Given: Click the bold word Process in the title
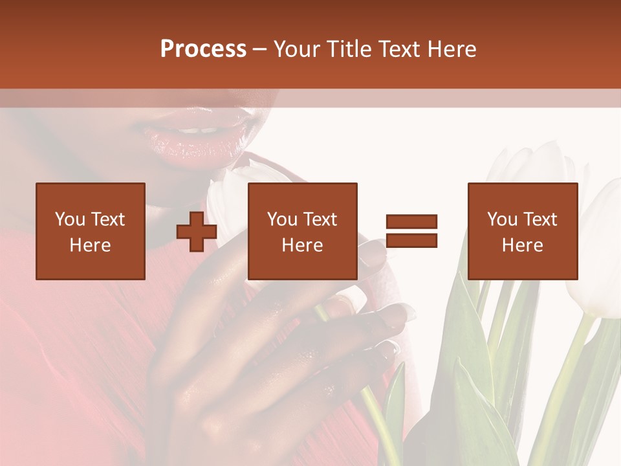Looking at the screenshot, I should pyautogui.click(x=203, y=49).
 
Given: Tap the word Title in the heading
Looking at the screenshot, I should pyautogui.click(x=349, y=49).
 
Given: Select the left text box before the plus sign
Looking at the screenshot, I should pyautogui.click(x=91, y=231).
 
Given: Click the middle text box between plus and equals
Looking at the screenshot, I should pyautogui.click(x=303, y=231).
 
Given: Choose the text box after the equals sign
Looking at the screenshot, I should pyautogui.click(x=523, y=231).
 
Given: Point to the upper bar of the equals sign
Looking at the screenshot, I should pyautogui.click(x=412, y=221).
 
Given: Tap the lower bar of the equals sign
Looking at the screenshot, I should pyautogui.click(x=412, y=241).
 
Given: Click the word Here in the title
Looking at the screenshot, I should pyautogui.click(x=450, y=49).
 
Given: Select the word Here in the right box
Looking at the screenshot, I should pyautogui.click(x=523, y=245).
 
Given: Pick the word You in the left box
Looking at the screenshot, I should pyautogui.click(x=70, y=219).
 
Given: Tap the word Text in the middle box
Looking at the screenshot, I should pyautogui.click(x=320, y=219).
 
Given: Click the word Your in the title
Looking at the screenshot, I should pyautogui.click(x=297, y=49).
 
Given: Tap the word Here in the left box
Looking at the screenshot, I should pyautogui.click(x=91, y=245).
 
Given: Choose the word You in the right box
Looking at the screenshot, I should pyautogui.click(x=502, y=219).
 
